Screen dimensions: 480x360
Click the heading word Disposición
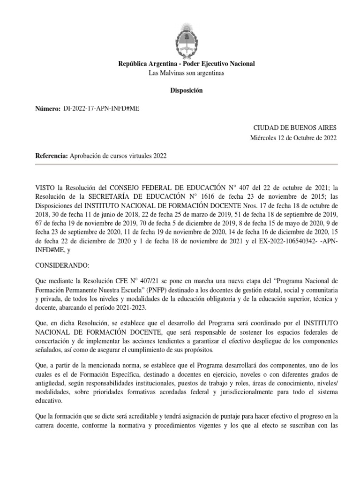point(186,90)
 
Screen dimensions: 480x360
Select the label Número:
point(48,109)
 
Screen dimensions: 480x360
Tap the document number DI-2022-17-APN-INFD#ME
point(101,109)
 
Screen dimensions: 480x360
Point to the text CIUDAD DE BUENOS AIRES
point(295,127)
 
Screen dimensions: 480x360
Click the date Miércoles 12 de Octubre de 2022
point(293,137)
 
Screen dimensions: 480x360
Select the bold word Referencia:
point(52,156)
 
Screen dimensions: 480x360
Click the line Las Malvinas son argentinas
point(186,73)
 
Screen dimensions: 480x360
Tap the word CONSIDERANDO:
point(62,265)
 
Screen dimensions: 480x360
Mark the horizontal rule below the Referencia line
point(186,165)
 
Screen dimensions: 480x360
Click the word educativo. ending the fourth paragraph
point(50,401)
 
